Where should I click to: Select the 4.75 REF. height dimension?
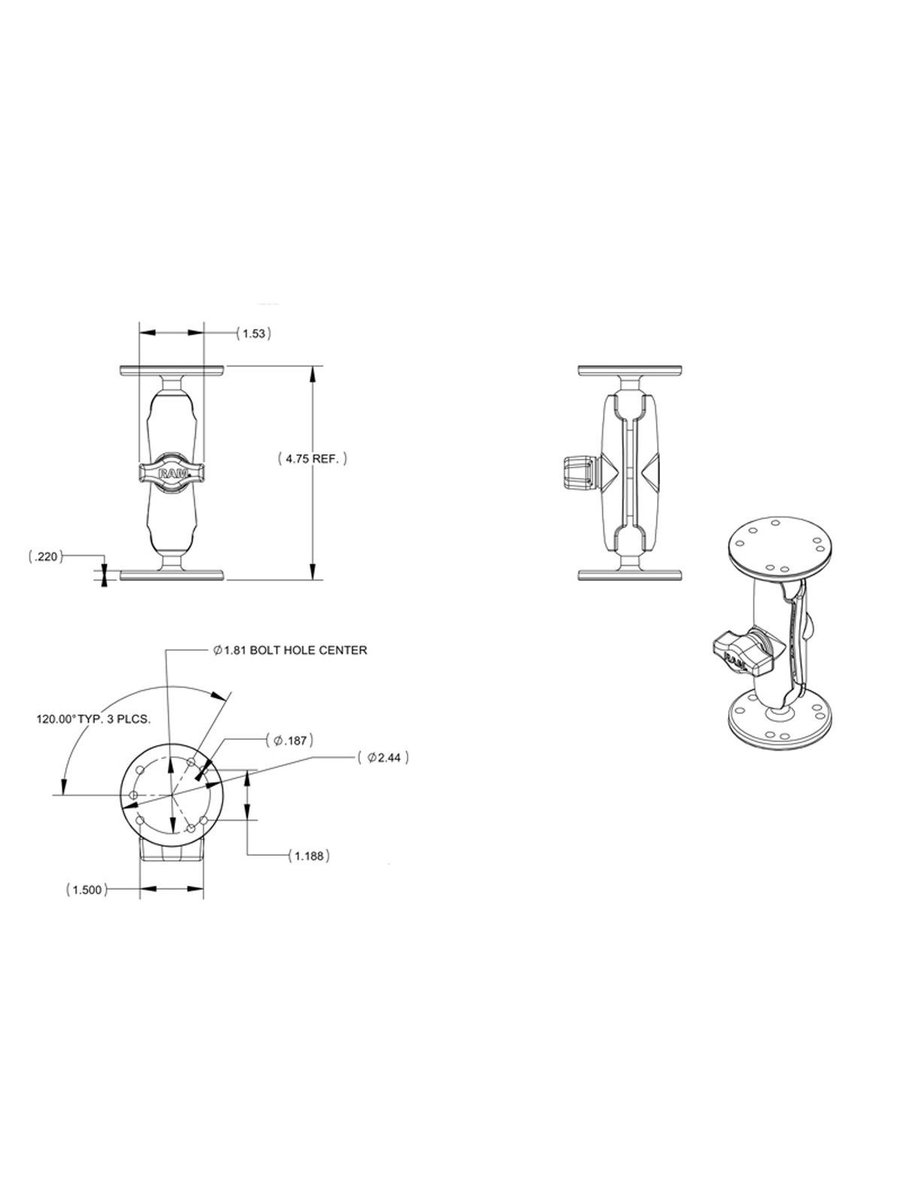313,458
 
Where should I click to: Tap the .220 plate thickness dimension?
46,557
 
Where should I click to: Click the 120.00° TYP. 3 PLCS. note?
93,719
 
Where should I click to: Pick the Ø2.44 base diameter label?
383,757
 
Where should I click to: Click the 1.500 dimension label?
86,890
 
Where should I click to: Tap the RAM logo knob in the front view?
171,472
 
